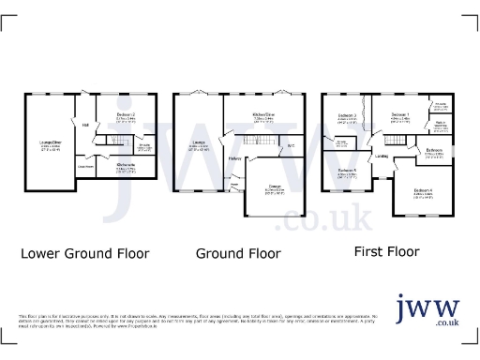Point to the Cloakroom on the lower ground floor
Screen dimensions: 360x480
click(x=85, y=166)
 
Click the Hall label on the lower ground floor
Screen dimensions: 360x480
click(x=84, y=125)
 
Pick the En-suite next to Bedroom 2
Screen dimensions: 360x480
click(x=144, y=146)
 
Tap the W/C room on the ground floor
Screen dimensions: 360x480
click(x=291, y=145)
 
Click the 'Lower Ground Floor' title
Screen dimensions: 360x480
click(x=83, y=253)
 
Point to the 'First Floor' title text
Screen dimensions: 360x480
click(x=385, y=251)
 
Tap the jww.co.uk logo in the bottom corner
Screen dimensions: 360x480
click(x=426, y=310)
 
